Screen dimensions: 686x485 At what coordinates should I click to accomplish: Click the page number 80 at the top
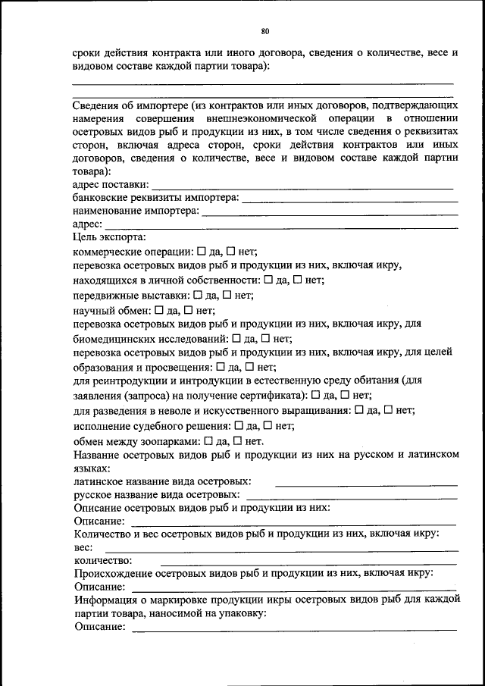click(265, 31)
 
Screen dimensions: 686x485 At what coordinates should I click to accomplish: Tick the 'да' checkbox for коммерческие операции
click(202, 251)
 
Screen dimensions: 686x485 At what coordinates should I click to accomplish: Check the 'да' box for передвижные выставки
click(198, 295)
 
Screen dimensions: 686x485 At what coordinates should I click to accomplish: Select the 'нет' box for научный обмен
click(189, 309)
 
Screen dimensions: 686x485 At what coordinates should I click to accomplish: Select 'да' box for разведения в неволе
click(359, 410)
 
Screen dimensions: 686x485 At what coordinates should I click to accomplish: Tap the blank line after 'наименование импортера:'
click(330, 214)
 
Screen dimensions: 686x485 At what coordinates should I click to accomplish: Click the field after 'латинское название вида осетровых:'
click(366, 483)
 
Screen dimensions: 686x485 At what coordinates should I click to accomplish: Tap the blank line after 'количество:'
click(296, 563)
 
